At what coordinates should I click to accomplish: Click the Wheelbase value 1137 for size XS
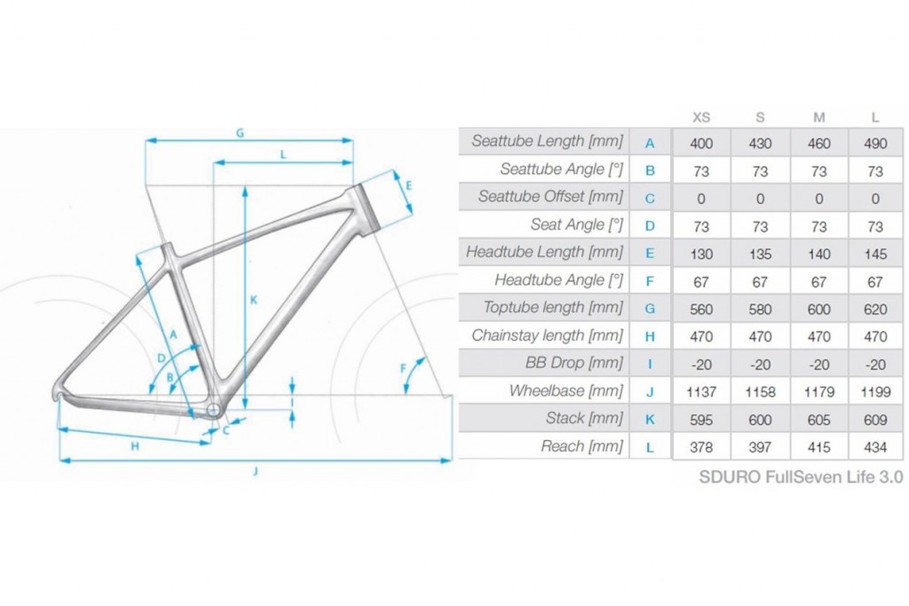[701, 392]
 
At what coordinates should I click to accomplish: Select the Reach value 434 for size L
[874, 447]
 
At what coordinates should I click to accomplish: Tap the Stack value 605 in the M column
[818, 420]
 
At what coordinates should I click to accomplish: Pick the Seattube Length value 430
[760, 143]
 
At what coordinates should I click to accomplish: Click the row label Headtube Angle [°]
[558, 280]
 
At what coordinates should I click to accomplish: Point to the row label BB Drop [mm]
[574, 363]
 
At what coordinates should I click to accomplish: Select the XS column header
[701, 118]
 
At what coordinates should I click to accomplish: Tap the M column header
[818, 118]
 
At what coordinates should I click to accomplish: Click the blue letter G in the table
[650, 309]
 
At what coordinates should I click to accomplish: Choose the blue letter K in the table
[650, 420]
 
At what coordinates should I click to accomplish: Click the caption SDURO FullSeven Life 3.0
[801, 476]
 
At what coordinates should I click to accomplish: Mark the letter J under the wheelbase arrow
[255, 472]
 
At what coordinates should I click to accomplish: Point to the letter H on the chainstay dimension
[135, 446]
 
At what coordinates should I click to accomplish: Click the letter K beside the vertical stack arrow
[253, 300]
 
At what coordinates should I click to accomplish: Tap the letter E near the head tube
[408, 186]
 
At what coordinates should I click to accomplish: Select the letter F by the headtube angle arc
[403, 368]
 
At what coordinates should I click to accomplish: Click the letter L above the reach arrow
[283, 154]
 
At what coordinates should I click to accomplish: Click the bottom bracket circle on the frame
[213, 410]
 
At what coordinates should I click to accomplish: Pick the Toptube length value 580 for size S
[760, 309]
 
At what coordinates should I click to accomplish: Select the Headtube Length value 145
[874, 254]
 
